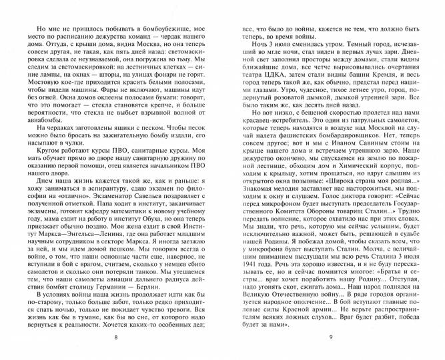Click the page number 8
[115, 340]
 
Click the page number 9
[330, 340]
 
